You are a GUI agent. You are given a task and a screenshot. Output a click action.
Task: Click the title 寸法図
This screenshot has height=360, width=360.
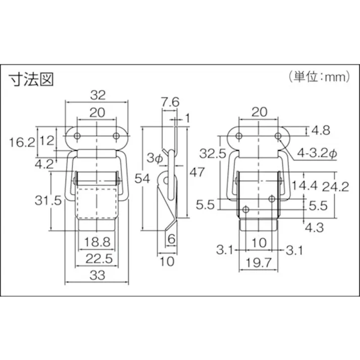click(31, 79)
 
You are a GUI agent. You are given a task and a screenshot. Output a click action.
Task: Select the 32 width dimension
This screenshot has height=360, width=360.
click(97, 94)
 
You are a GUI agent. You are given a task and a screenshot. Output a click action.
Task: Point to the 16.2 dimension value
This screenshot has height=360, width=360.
click(22, 142)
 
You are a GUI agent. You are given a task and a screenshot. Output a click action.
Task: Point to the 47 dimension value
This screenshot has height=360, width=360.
click(196, 172)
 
